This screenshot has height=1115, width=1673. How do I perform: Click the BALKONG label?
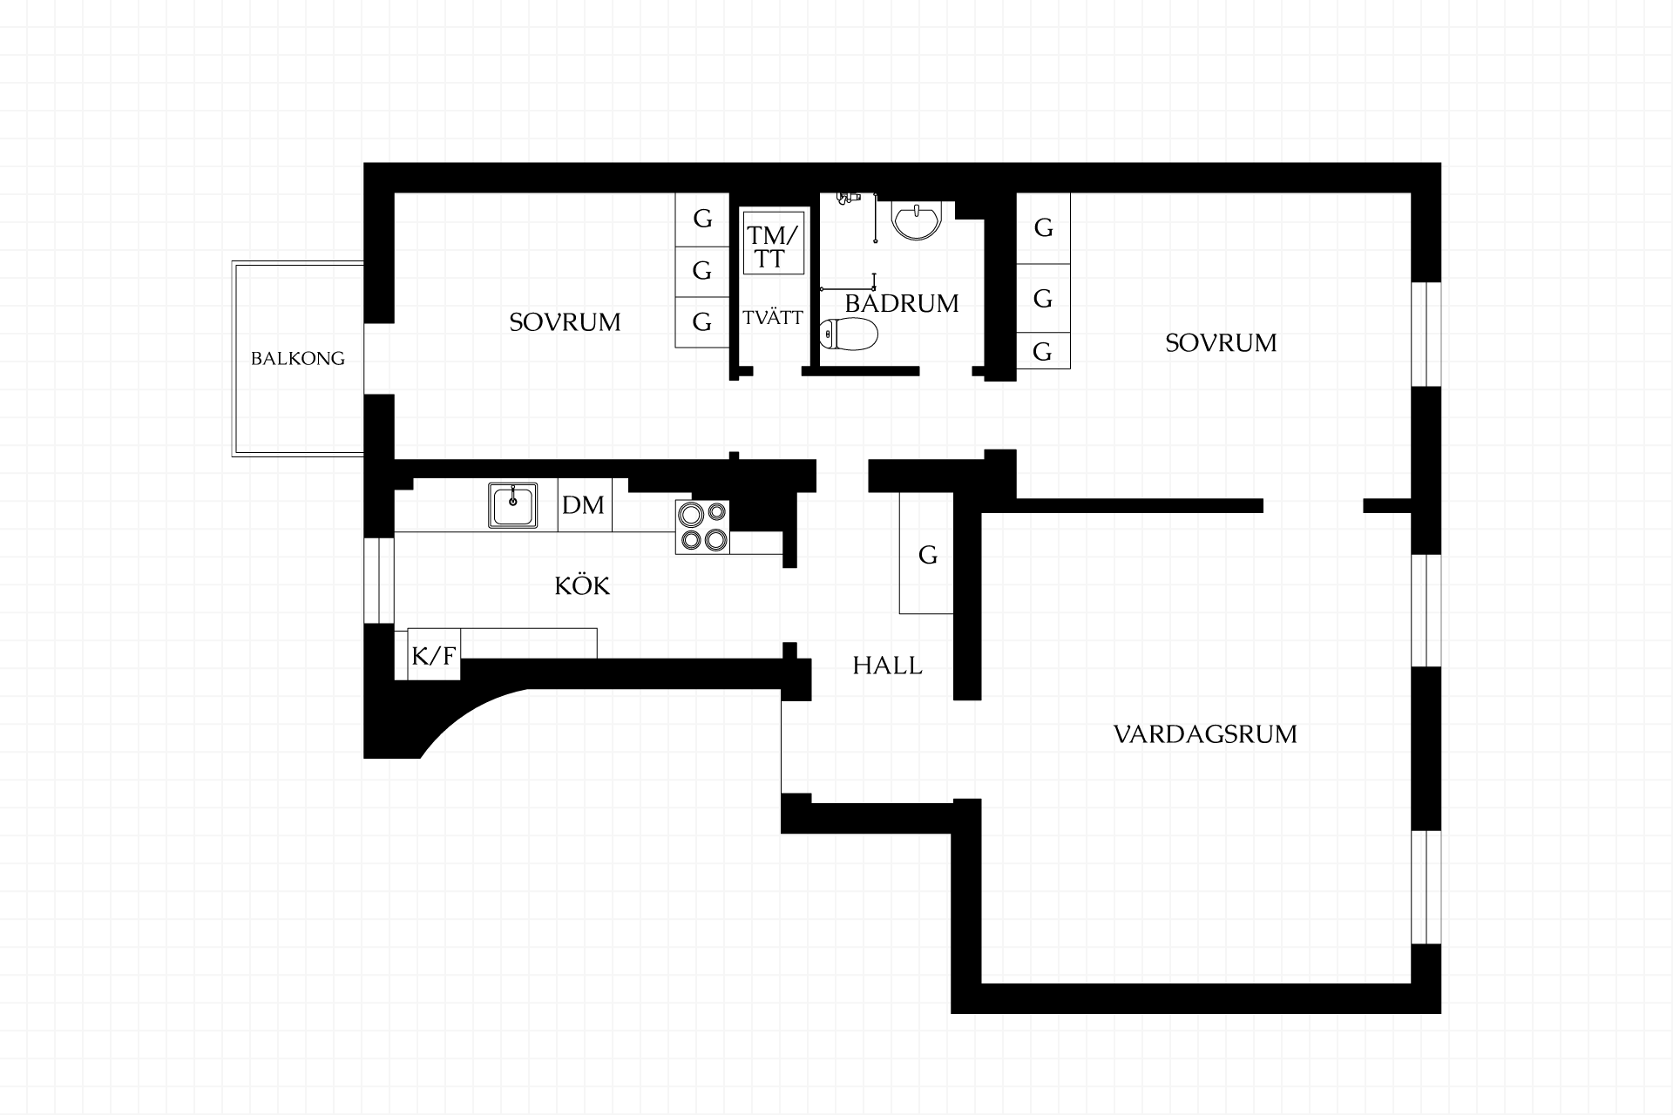pos(298,358)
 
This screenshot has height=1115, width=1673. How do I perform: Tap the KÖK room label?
pos(582,585)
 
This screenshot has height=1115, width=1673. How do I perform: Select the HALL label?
pos(887,666)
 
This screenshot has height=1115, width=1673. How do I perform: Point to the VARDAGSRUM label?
pos(1205,734)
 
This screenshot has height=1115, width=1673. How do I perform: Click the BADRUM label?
pos(902,303)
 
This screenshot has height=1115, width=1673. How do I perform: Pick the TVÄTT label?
pos(773,318)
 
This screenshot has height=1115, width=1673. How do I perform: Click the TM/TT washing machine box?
pos(771,241)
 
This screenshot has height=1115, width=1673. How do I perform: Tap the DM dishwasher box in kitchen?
pos(585,505)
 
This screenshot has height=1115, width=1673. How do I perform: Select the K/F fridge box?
pos(434,654)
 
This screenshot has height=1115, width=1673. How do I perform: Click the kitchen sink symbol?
pos(513,506)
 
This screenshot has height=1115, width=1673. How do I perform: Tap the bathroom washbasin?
pos(917,220)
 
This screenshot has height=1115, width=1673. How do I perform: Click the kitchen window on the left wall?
pos(379,581)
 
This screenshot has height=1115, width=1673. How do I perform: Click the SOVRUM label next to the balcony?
pos(565,322)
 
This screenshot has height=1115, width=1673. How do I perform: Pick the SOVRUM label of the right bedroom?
pos(1221,343)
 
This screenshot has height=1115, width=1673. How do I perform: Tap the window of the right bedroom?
pos(1426,334)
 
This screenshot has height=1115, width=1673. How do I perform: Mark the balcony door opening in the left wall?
pos(379,359)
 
